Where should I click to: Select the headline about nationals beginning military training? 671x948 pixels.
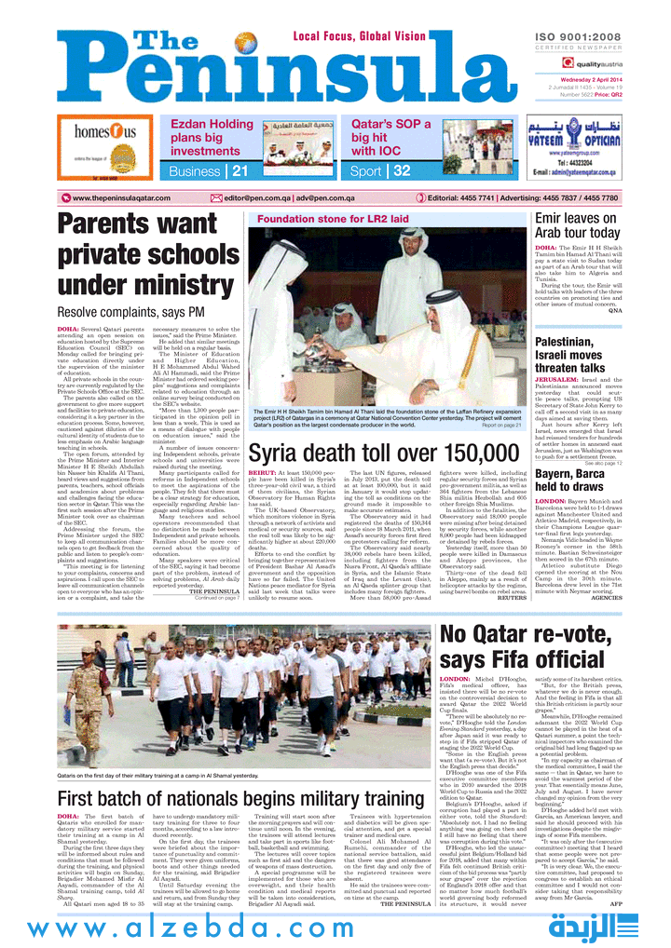[x=228, y=800]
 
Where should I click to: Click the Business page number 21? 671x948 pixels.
[x=240, y=171]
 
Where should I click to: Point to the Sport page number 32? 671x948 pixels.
[x=402, y=171]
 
